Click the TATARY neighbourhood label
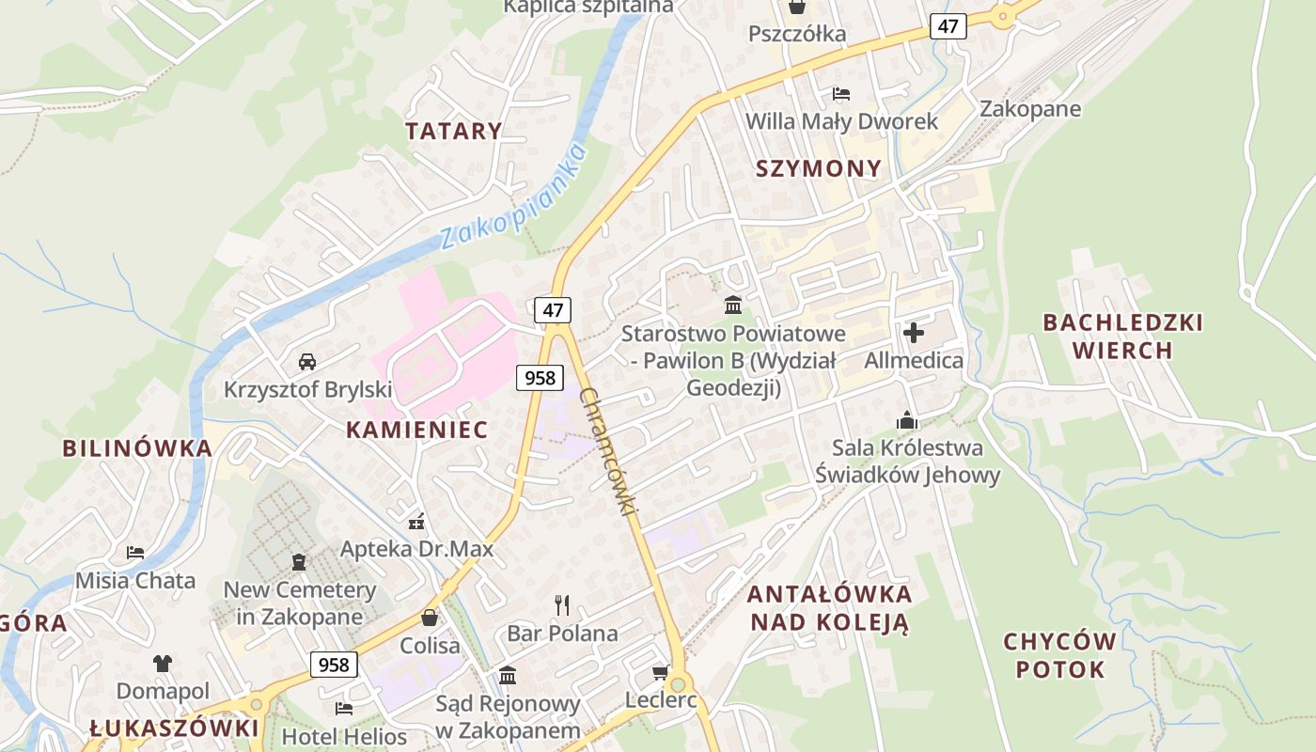453,131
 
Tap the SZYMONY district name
819,168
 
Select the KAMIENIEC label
416,430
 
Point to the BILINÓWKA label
137,448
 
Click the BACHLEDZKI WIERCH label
1122,337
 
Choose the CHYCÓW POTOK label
1060,656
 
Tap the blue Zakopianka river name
512,196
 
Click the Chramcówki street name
609,451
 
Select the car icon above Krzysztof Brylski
306,361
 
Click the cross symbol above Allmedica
913,332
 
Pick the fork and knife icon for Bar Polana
562,604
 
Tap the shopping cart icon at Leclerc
660,672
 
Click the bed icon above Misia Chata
135,552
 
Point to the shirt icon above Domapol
163,664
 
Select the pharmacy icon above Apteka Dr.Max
416,521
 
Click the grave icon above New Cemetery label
299,562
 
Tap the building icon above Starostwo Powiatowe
733,305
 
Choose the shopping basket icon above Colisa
430,618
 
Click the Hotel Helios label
344,736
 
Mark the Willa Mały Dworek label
841,121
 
